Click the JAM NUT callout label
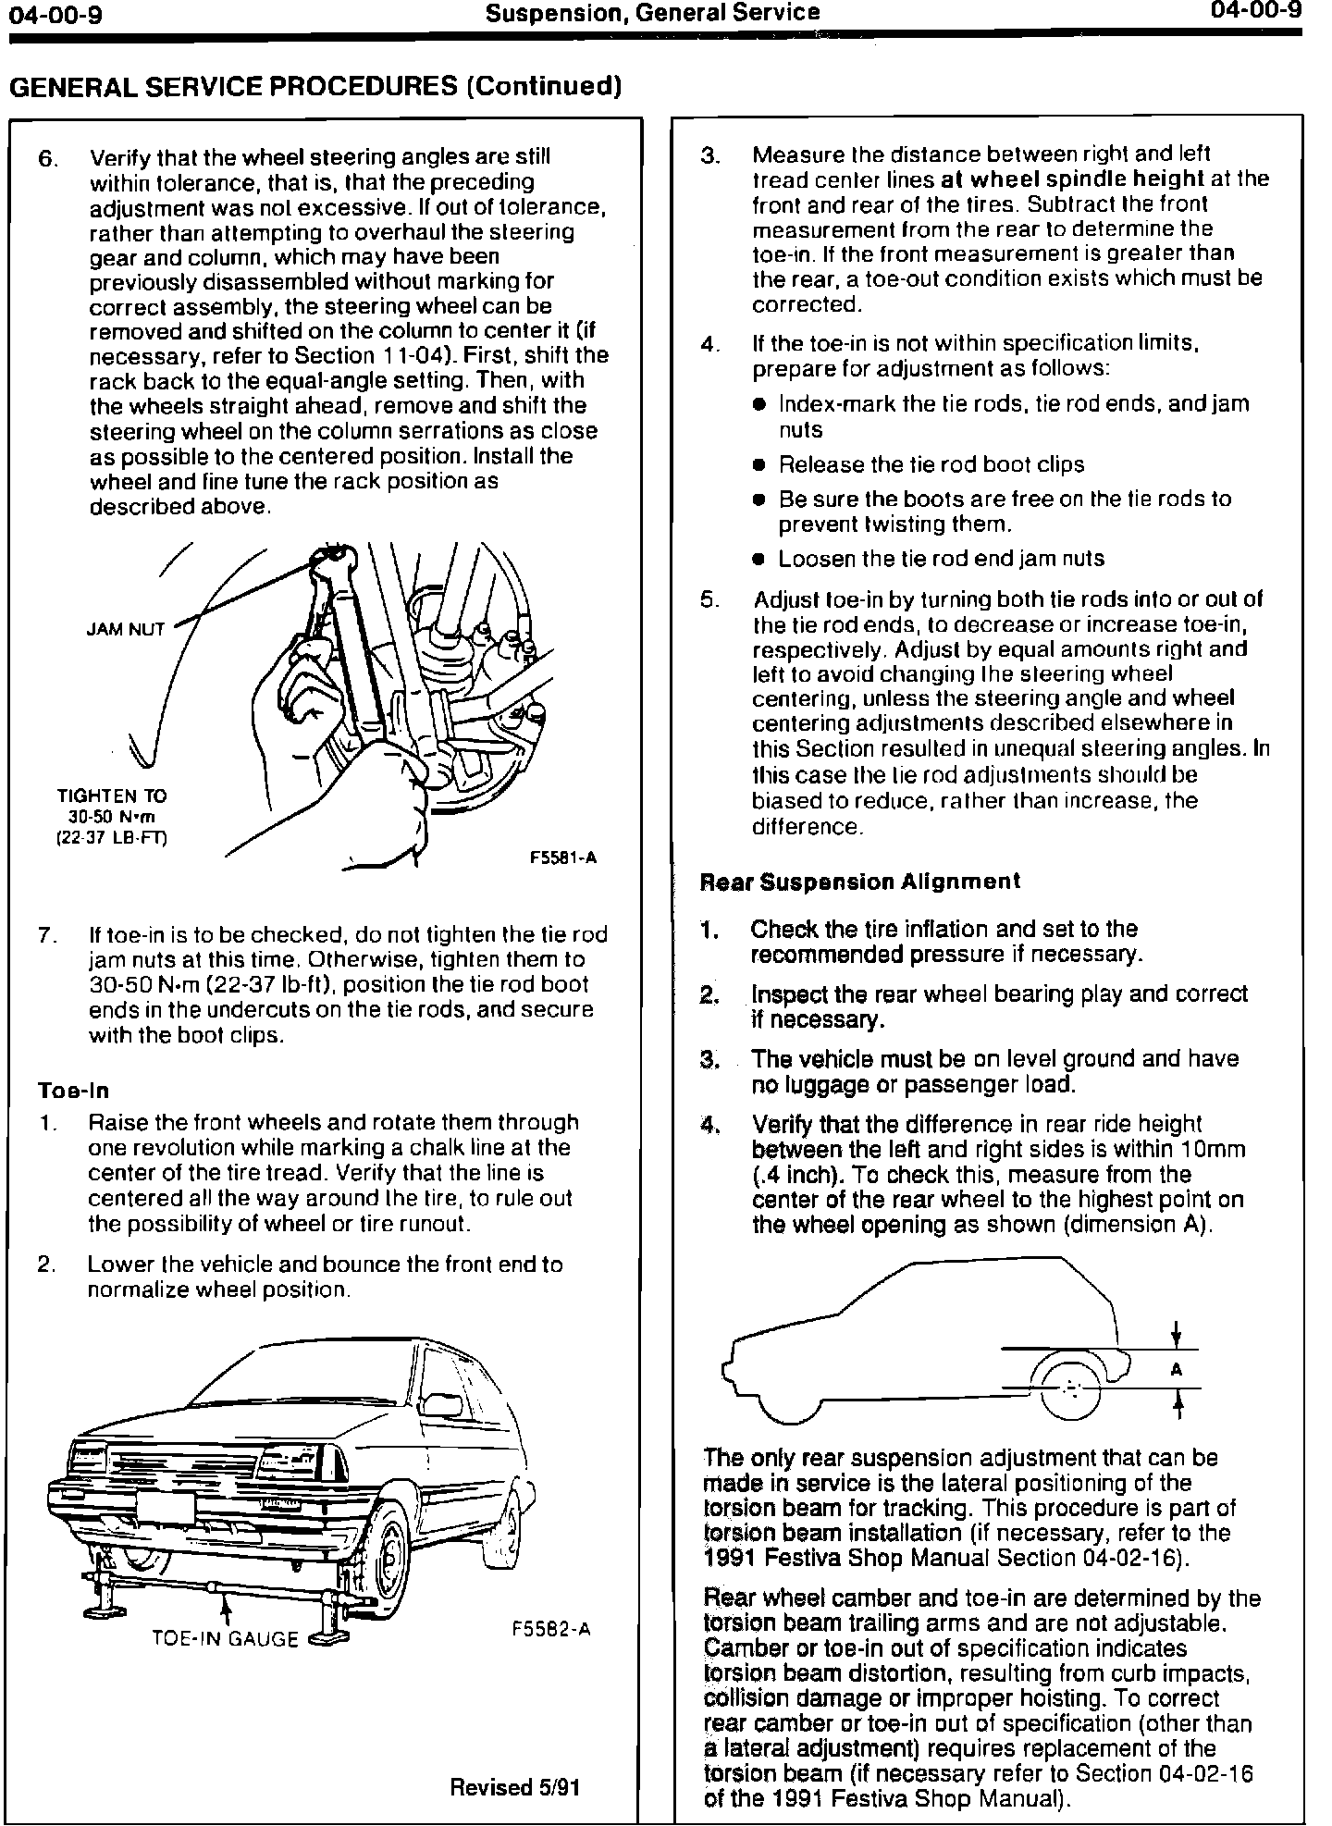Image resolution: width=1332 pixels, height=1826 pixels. pyautogui.click(x=125, y=629)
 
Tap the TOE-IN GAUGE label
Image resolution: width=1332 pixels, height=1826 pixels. pyautogui.click(x=225, y=1639)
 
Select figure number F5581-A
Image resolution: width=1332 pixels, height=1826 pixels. pyautogui.click(x=562, y=857)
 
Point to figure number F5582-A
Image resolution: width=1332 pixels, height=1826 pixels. pyautogui.click(x=550, y=1629)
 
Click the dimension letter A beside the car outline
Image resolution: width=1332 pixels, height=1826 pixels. pyautogui.click(x=1177, y=1369)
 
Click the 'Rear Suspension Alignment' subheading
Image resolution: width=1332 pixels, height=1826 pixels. pyautogui.click(x=860, y=882)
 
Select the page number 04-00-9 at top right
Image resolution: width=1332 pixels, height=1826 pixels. pyautogui.click(x=1255, y=12)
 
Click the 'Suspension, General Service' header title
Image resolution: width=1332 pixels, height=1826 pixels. pyautogui.click(x=652, y=13)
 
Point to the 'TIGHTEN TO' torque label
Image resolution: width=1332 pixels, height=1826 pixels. pyautogui.click(x=112, y=796)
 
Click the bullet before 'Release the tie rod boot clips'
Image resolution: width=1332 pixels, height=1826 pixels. pyautogui.click(x=758, y=464)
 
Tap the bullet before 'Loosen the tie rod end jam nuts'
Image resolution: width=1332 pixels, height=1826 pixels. pyautogui.click(x=758, y=559)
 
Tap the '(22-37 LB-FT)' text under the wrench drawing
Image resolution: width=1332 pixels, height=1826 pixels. pyautogui.click(x=113, y=838)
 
